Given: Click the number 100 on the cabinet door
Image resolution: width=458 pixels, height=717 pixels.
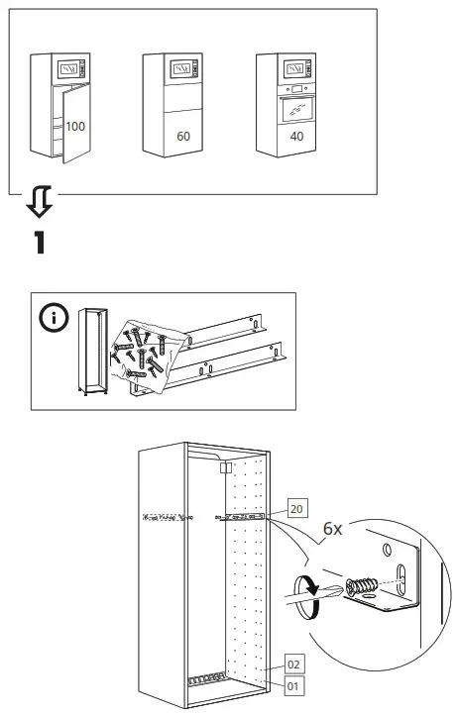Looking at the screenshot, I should click(75, 128).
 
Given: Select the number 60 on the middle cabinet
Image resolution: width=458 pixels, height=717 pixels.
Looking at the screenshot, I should click(182, 136).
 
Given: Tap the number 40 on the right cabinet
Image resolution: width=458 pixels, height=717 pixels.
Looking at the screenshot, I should click(295, 136).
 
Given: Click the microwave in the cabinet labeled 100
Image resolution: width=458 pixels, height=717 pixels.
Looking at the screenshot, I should click(69, 70).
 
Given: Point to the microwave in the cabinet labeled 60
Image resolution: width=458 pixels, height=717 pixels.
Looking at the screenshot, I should click(182, 69).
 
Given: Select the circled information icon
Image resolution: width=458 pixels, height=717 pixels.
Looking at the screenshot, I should click(53, 319).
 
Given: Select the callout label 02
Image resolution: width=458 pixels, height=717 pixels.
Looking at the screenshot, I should click(294, 664).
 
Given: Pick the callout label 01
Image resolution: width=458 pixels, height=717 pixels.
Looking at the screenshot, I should click(294, 683).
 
